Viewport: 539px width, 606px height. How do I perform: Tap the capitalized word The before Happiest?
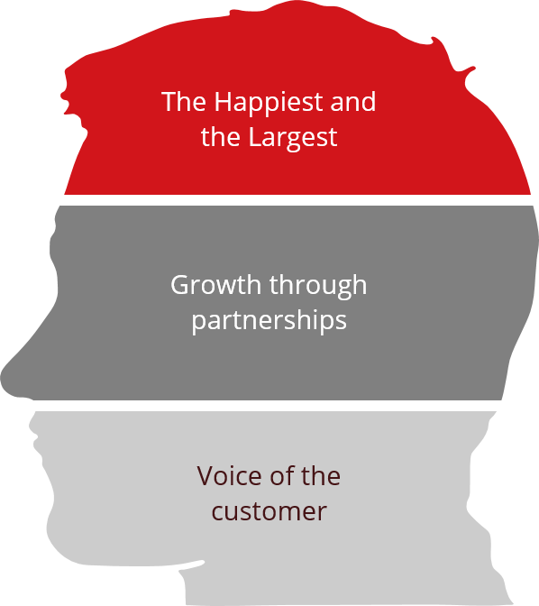coord(184,101)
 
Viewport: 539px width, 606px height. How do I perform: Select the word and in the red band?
coord(352,101)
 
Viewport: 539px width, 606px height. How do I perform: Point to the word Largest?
coord(293,138)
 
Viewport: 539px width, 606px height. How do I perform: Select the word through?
coord(318,287)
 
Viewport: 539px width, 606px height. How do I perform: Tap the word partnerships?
coord(269,322)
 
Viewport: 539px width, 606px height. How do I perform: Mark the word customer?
coord(269,511)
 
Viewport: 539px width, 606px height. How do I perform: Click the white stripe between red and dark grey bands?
coord(297,200)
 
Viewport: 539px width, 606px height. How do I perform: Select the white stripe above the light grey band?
coord(267,406)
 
